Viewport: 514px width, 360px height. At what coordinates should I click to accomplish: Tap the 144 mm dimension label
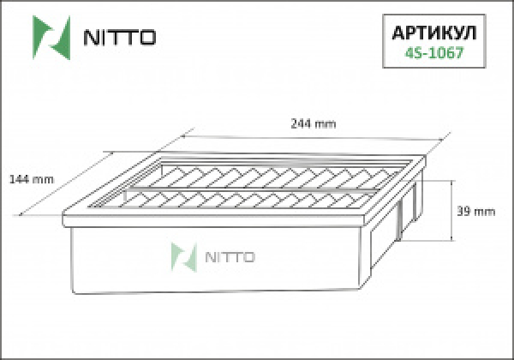coord(31,179)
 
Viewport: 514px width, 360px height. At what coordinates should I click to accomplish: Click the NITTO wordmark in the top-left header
coord(117,38)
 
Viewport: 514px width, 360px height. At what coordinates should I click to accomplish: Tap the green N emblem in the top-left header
coord(49,36)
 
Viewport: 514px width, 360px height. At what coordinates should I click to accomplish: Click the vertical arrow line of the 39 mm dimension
coord(452,212)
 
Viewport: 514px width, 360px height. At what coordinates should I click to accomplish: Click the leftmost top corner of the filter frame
coord(63,214)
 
